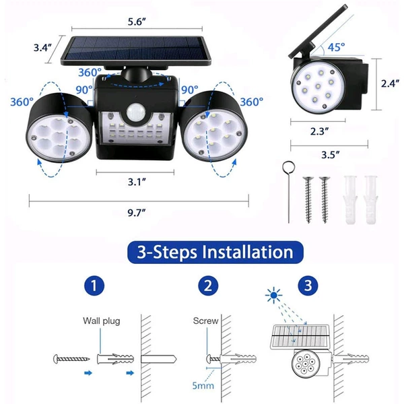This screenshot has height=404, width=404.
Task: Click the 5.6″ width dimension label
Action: point(137,22)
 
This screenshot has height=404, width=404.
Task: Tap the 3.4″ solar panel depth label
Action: point(42,48)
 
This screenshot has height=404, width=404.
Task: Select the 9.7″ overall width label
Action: point(137,213)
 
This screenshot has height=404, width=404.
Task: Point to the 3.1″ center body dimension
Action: point(137,182)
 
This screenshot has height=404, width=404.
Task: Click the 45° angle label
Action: point(336,47)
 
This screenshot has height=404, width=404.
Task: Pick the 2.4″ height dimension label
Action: point(391,83)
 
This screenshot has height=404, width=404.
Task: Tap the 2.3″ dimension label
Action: point(319,131)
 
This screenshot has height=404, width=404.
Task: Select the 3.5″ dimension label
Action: point(331,155)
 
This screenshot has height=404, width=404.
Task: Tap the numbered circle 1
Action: point(94,285)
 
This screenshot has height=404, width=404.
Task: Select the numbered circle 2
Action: point(208,285)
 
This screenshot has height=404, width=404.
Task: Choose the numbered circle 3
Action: point(308,285)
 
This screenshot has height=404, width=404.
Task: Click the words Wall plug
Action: point(102,321)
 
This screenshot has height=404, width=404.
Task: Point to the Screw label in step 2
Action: point(205,321)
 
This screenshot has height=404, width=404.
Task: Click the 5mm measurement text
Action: point(203,385)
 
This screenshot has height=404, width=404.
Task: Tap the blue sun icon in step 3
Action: point(274,296)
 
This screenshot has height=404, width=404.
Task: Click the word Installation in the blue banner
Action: point(248,252)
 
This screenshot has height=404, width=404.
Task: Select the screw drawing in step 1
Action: point(71,359)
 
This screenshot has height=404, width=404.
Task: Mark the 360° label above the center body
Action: point(90,73)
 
